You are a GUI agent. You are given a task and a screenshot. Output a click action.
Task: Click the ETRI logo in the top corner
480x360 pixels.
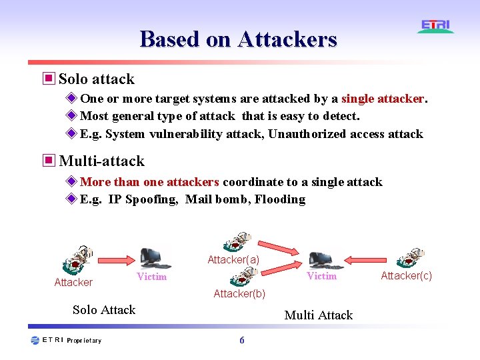click(436, 26)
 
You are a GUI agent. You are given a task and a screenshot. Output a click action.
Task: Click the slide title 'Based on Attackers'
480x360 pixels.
click(239, 39)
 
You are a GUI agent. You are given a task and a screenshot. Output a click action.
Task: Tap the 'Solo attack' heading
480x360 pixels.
click(97, 79)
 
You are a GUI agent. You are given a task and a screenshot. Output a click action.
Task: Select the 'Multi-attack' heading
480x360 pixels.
click(101, 161)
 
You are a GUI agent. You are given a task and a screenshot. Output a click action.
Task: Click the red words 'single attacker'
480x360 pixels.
click(383, 99)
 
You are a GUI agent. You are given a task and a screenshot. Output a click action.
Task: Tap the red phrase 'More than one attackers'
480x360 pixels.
click(149, 182)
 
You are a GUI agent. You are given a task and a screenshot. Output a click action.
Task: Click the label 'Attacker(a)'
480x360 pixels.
click(233, 260)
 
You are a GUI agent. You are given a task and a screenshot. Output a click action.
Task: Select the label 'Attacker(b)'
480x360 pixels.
click(239, 293)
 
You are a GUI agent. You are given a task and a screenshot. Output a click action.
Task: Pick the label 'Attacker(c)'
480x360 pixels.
click(406, 276)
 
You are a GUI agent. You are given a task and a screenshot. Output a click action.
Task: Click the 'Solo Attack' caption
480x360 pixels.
click(104, 309)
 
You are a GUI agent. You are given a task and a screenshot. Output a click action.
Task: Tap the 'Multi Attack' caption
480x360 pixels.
click(318, 315)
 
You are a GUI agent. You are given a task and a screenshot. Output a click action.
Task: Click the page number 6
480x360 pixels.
click(241, 341)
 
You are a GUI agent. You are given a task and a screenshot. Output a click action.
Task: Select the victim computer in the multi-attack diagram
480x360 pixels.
click(320, 259)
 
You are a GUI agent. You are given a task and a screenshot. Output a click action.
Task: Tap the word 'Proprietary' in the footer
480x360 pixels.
click(84, 341)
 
